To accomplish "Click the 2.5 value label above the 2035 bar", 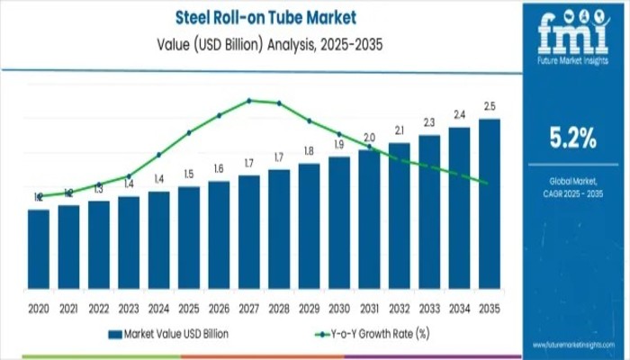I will pyautogui.click(x=490, y=107).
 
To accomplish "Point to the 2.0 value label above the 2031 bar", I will pyautogui.click(x=369, y=138).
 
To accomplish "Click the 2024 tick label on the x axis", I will pyautogui.click(x=158, y=308).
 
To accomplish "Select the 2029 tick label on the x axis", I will pyautogui.click(x=309, y=308).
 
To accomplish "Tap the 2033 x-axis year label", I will pyautogui.click(x=429, y=308).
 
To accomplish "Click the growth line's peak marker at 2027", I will pyautogui.click(x=249, y=100).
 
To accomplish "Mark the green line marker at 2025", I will pyautogui.click(x=189, y=132).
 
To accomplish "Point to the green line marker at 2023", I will pyautogui.click(x=129, y=176).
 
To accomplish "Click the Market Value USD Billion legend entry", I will pyautogui.click(x=168, y=334).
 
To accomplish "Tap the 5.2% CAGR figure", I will pyautogui.click(x=572, y=138).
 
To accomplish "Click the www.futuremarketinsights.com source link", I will pyautogui.click(x=571, y=345).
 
